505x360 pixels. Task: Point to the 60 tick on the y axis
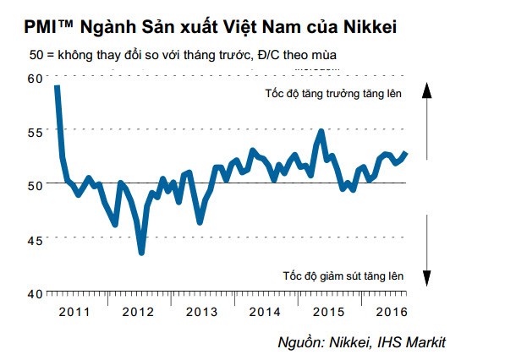(34, 78)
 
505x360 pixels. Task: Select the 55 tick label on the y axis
(34, 132)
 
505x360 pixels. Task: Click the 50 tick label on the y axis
(34, 185)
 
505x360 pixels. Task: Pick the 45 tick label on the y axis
(34, 239)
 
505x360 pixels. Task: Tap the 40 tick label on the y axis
(34, 293)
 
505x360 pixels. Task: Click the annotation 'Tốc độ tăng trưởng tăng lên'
(334, 93)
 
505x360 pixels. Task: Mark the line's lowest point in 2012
(141, 252)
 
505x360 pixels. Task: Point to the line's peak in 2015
(321, 132)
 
